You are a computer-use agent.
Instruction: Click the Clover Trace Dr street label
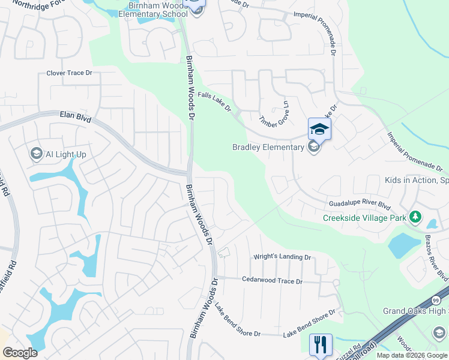pyautogui.click(x=69, y=73)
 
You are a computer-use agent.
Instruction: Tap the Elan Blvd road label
pyautogui.click(x=75, y=116)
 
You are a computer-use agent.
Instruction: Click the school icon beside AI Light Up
pyautogui.click(x=36, y=154)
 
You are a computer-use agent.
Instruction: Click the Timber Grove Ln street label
pyautogui.click(x=274, y=112)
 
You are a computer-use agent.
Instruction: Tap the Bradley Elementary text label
pyautogui.click(x=268, y=147)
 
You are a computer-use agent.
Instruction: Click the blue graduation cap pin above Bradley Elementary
pyautogui.click(x=319, y=128)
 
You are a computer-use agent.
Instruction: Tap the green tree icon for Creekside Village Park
pyautogui.click(x=415, y=217)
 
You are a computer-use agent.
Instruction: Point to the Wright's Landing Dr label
pyautogui.click(x=282, y=257)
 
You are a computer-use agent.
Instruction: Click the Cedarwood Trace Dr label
pyautogui.click(x=272, y=280)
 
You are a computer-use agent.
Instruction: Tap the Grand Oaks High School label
pyautogui.click(x=415, y=311)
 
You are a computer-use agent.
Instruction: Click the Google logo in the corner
pyautogui.click(x=20, y=353)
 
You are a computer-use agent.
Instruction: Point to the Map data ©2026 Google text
pyautogui.click(x=411, y=355)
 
